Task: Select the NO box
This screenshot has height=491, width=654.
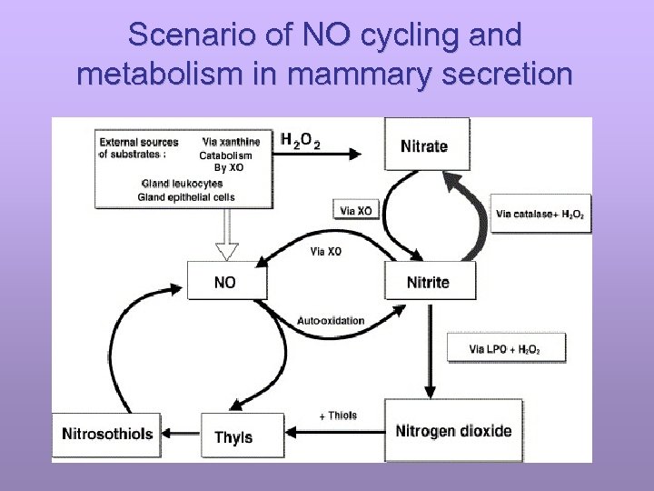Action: (227, 282)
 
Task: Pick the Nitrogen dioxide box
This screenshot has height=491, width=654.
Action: (453, 431)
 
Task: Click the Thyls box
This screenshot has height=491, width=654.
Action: (234, 437)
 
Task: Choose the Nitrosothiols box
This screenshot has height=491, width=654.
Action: (107, 434)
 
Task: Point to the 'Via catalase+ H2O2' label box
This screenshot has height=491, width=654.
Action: (540, 215)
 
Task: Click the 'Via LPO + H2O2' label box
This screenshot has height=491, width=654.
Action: (506, 348)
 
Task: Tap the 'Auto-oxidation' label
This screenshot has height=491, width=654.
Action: (331, 320)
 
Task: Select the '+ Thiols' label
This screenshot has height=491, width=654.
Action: (338, 416)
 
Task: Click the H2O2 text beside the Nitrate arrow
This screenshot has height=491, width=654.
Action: (300, 141)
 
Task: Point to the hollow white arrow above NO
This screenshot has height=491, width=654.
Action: (226, 237)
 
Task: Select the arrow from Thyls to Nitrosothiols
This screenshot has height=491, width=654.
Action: (182, 432)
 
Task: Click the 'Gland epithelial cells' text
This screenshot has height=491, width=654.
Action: (185, 197)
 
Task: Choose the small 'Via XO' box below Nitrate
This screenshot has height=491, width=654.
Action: (354, 211)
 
